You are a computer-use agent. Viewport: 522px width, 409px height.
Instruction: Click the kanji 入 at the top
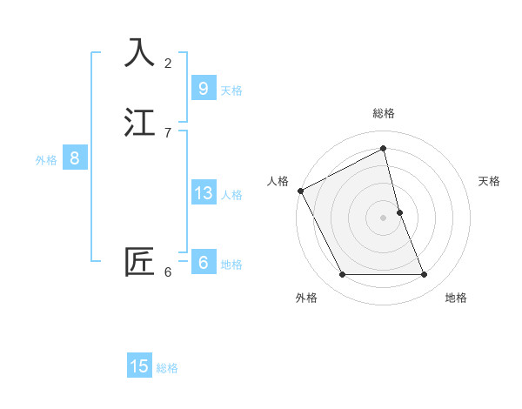click(140, 52)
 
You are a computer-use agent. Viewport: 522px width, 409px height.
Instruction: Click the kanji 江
click(140, 123)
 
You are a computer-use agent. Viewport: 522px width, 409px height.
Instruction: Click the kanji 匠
click(140, 262)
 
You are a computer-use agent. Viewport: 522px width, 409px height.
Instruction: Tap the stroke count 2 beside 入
click(168, 63)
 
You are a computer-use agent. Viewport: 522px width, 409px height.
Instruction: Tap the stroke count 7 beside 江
click(168, 132)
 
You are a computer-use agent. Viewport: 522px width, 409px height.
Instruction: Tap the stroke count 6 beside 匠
click(168, 272)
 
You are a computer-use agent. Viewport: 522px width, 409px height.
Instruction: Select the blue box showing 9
click(203, 88)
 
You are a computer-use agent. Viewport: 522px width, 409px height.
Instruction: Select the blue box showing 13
click(203, 193)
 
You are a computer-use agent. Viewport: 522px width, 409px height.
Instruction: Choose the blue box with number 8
click(75, 158)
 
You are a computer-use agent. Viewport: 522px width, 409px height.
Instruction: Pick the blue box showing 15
click(139, 366)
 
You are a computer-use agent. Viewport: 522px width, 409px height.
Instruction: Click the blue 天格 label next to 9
click(231, 91)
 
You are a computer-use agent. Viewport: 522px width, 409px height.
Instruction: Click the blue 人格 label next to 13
click(231, 195)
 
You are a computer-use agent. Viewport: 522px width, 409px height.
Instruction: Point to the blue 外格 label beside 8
click(46, 160)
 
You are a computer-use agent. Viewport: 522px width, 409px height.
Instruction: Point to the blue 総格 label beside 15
click(168, 368)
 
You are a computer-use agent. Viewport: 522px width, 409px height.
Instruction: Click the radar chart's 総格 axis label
click(384, 113)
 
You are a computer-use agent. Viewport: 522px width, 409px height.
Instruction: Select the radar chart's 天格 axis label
click(489, 181)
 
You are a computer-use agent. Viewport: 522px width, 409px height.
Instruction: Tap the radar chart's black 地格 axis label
click(456, 298)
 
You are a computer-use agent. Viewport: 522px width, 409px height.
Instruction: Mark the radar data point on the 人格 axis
click(300, 191)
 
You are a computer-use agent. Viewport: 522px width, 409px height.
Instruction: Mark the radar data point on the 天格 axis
click(399, 212)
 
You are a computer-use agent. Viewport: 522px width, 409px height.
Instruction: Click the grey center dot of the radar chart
click(384, 218)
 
